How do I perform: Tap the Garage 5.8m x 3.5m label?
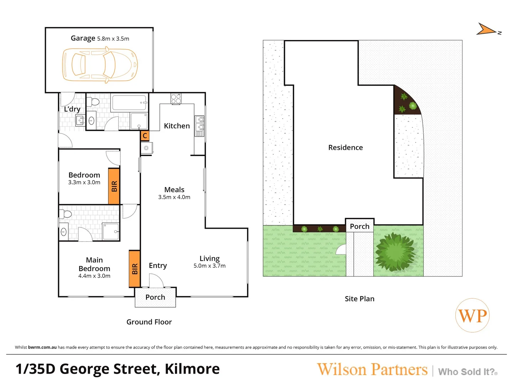[x=100, y=38]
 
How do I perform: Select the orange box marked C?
[x=145, y=136]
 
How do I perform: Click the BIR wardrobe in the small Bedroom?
[x=114, y=186]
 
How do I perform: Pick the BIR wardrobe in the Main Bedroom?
[x=134, y=269]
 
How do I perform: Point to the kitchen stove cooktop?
[x=176, y=99]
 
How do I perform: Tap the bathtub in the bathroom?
[x=129, y=103]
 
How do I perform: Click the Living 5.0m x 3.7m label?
[x=209, y=262]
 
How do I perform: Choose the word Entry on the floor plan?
[x=158, y=266]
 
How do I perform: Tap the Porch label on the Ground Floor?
[x=155, y=297]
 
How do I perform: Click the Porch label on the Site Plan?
[x=359, y=226]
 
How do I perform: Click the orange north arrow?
[x=486, y=30]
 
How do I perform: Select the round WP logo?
[x=472, y=315]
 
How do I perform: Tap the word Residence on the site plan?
[x=346, y=148]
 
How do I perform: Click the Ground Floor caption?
[x=149, y=322]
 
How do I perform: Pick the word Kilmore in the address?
[x=192, y=369]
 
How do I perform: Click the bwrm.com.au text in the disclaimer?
[x=42, y=347]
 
